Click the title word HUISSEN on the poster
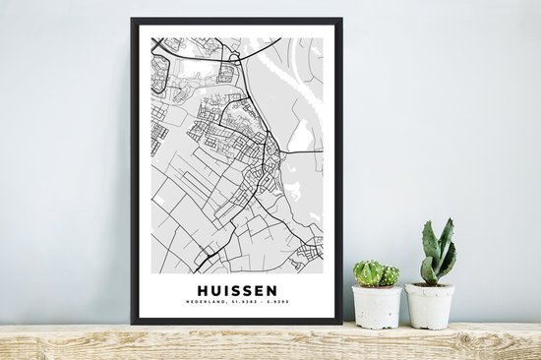point(237,290)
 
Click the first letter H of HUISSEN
point(203,290)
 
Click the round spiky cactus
point(376,273)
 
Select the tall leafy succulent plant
point(437,254)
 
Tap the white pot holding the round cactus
point(377,307)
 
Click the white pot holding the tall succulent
point(430,306)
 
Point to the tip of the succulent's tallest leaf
point(450,220)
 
